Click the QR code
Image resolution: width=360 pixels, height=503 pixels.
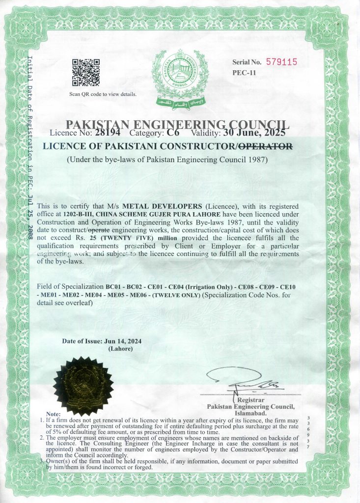pos(86,72)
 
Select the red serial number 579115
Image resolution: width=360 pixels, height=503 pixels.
pos(282,62)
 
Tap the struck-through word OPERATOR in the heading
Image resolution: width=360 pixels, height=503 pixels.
pos(265,145)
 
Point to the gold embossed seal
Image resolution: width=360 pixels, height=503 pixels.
pos(83,386)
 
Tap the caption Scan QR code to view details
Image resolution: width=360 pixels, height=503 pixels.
pos(103,94)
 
